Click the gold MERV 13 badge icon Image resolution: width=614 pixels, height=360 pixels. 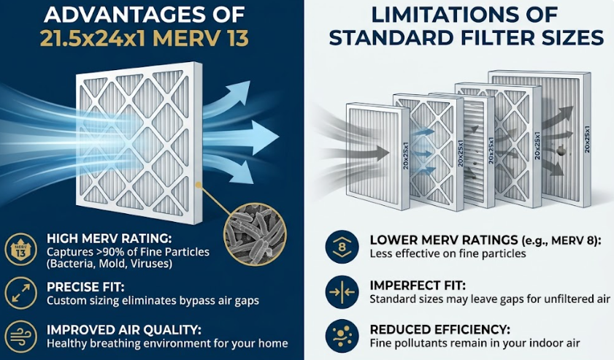point(20,250)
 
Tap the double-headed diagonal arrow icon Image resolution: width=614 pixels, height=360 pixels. point(20,293)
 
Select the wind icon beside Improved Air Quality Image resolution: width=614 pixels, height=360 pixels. point(20,337)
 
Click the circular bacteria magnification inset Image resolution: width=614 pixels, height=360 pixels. point(255,234)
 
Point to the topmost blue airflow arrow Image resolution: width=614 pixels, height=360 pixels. point(227,98)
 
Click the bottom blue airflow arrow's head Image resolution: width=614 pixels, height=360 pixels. point(244,174)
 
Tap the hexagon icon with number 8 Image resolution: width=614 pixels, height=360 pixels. point(342,247)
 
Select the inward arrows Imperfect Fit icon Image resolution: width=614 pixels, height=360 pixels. point(342,292)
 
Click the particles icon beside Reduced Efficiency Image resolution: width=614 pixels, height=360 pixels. point(342,336)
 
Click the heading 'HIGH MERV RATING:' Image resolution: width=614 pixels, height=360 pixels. point(110,239)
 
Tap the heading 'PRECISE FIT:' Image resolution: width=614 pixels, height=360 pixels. point(85,287)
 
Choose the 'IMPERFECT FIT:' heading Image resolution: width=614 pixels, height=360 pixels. point(418,286)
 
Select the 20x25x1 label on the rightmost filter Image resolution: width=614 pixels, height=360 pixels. point(587,139)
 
